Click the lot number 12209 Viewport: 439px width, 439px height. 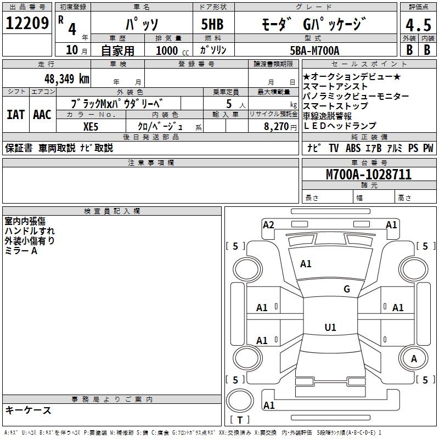(27, 23)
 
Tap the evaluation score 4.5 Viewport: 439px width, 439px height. (418, 25)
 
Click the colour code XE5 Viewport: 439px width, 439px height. (91, 126)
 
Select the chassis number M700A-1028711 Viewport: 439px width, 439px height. (369, 175)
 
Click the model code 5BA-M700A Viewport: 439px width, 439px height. (314, 50)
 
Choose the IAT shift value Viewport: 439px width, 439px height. (15, 115)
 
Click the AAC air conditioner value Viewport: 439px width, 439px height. (42, 115)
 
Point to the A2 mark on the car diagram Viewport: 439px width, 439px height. (268, 224)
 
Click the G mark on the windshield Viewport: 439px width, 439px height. (346, 289)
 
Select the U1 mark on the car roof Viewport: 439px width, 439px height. (330, 328)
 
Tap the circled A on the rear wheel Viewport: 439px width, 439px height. (414, 359)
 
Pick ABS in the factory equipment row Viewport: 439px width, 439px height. (353, 148)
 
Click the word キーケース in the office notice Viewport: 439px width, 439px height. (29, 410)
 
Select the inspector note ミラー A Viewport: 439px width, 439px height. (21, 251)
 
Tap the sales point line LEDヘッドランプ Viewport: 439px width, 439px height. (340, 126)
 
